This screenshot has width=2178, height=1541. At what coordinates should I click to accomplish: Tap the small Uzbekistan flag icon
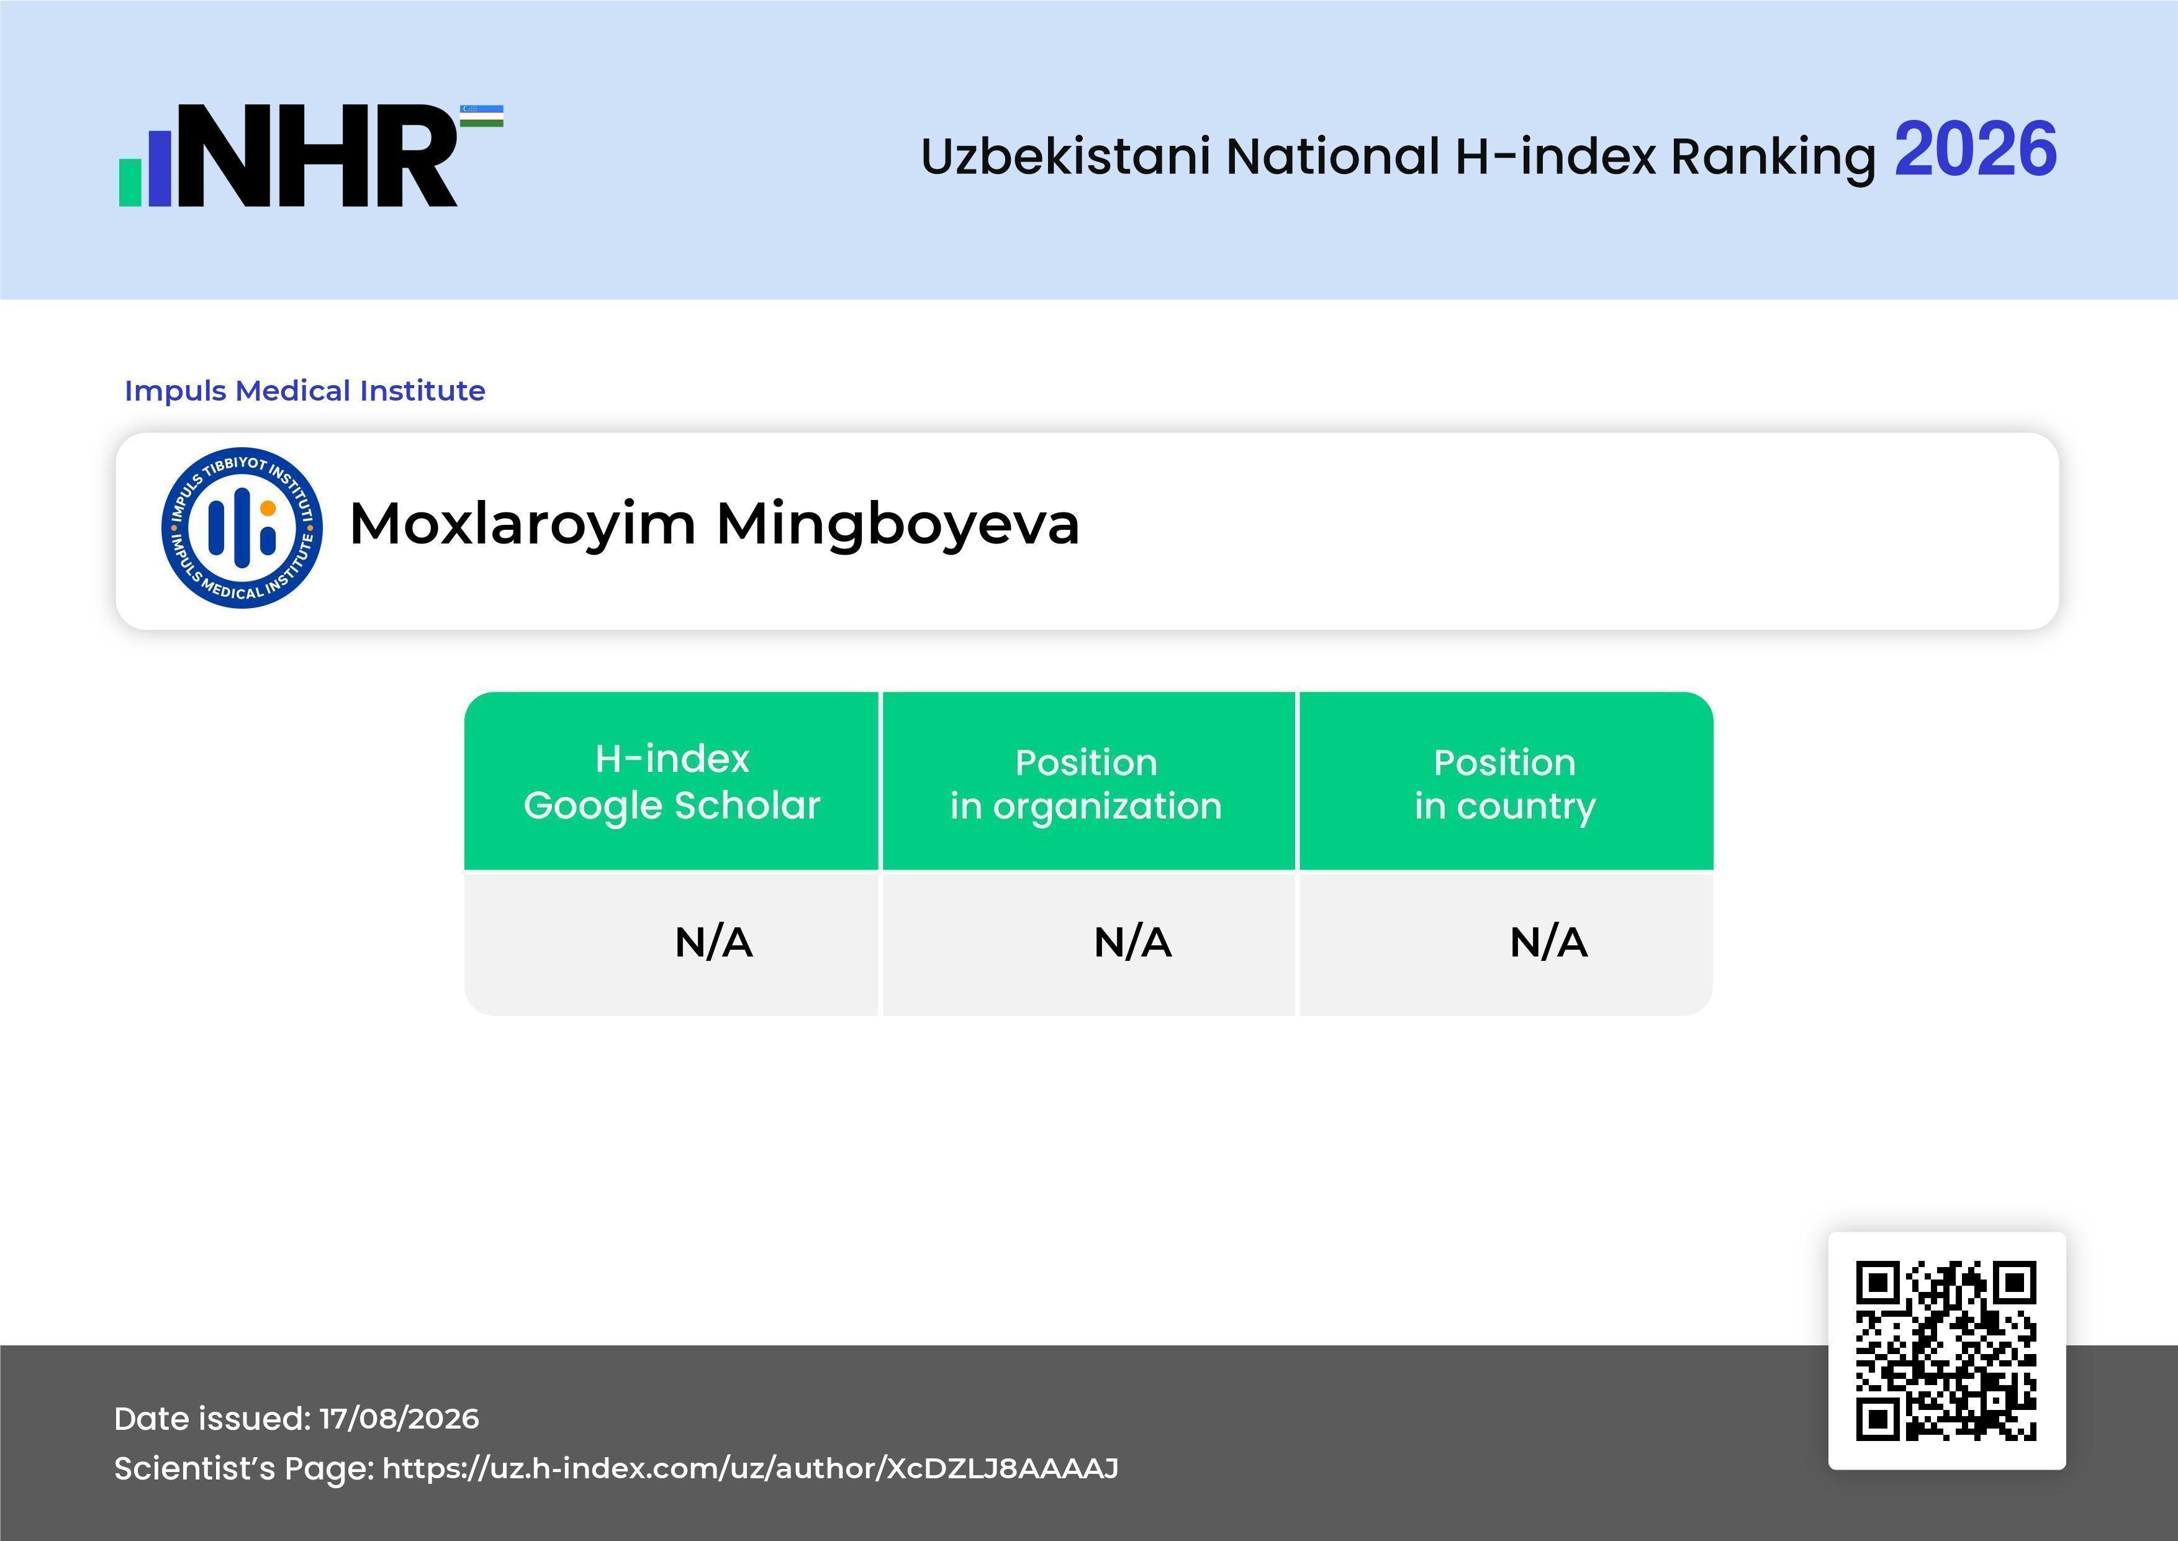coord(482,116)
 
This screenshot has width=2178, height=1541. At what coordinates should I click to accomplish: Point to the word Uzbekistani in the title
coord(1065,156)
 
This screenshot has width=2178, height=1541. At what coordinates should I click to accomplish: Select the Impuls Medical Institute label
coord(304,390)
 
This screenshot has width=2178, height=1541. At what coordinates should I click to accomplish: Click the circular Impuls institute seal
coord(242,527)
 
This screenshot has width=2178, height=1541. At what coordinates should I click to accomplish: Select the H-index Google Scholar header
coord(672,782)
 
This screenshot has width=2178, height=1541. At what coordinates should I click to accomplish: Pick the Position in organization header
coord(1086,784)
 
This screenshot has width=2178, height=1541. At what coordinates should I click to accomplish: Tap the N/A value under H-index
coord(713,942)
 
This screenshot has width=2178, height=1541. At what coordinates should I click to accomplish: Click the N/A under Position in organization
coord(1132,942)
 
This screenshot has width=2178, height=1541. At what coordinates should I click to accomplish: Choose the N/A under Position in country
coord(1548,942)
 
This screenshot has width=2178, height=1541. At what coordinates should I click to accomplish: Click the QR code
coord(1946,1350)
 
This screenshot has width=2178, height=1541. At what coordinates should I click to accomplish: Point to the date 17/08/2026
coord(399,1419)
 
